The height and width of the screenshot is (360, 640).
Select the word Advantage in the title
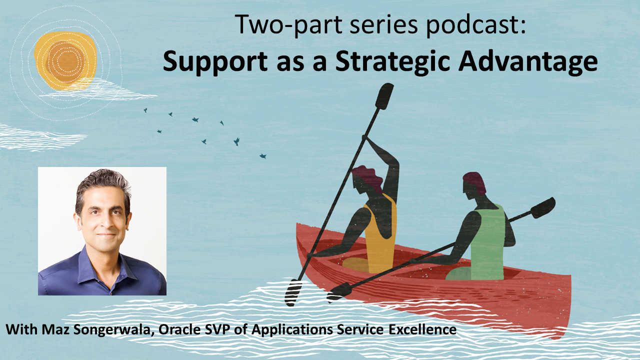528,61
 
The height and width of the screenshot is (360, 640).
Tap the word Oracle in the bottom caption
179,329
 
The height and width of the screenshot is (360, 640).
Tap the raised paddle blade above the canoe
384,96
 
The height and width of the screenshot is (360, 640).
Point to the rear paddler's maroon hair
475,183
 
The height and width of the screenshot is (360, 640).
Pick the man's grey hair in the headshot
103,185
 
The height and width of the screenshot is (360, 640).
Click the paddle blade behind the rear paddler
543,207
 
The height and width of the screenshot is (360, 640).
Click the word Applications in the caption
292,329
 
